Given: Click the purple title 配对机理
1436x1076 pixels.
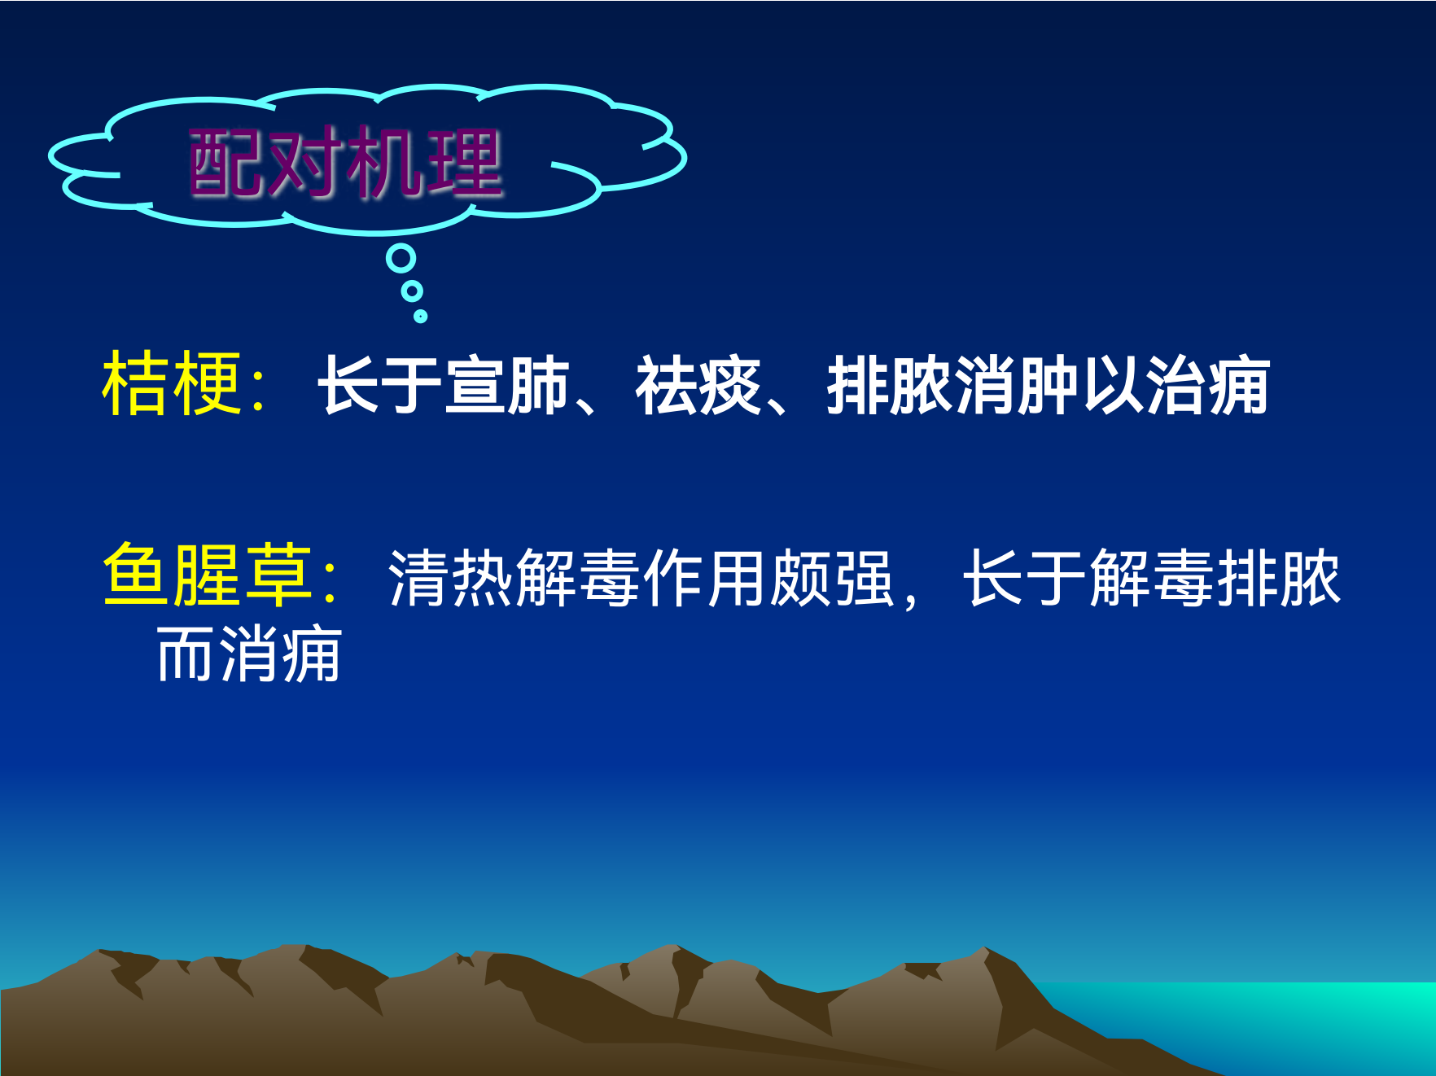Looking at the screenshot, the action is [x=345, y=163].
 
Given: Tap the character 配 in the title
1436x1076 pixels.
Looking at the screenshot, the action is [x=227, y=163].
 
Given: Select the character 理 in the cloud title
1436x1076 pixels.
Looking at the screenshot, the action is [x=465, y=163].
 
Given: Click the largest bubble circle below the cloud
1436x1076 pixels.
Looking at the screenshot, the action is [x=401, y=259].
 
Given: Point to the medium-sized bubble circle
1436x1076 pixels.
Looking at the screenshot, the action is [x=413, y=291].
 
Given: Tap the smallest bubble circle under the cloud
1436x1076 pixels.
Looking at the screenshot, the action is [x=420, y=316].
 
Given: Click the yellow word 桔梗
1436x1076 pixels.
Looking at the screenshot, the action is [x=172, y=383].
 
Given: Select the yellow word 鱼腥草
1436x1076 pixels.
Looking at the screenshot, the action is [x=208, y=575].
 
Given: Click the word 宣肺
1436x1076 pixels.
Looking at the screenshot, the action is [x=507, y=385].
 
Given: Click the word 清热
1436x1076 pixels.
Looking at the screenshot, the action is [x=452, y=577].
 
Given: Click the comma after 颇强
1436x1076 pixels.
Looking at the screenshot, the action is [x=910, y=598].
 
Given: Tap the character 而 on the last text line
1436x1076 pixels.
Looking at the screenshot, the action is [x=186, y=654].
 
